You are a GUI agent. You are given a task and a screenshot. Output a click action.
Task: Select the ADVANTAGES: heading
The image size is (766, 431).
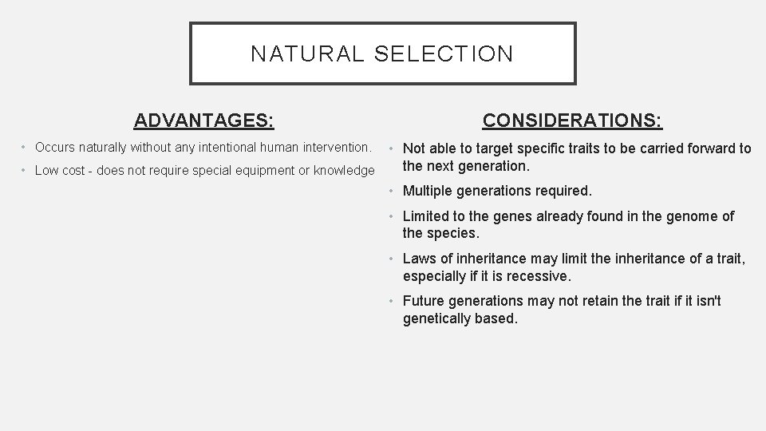(x=204, y=121)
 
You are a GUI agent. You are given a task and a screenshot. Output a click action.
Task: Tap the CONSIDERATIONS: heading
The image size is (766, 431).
(x=572, y=121)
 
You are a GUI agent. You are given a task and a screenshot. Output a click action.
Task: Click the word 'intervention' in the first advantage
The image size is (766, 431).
(x=335, y=148)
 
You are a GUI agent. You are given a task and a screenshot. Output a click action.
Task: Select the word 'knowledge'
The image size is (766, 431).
(x=344, y=171)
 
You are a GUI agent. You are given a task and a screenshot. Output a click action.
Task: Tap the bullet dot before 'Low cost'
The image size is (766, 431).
(x=26, y=171)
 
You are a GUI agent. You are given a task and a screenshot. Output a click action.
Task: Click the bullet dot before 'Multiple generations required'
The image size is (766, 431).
(x=393, y=192)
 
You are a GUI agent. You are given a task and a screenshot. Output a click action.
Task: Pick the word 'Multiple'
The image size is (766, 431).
(x=428, y=192)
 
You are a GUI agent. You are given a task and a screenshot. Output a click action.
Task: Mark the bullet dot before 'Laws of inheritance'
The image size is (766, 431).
(x=393, y=259)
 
